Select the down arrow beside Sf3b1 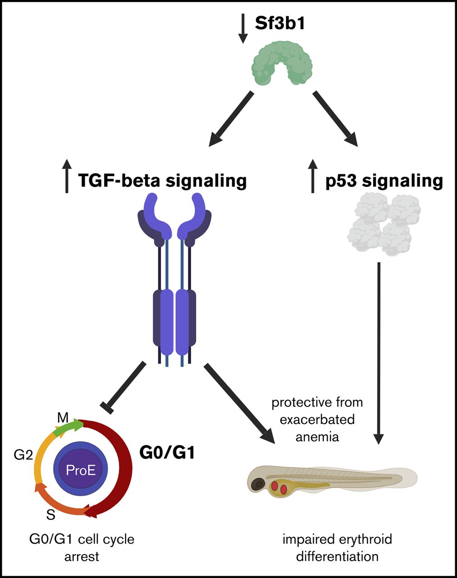click(243, 28)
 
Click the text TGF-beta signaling click(162, 181)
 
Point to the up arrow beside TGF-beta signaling click(67, 176)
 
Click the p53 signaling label click(384, 181)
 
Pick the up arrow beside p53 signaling click(313, 176)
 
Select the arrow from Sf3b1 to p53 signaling click(335, 119)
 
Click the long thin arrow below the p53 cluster click(379, 352)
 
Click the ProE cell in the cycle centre click(81, 470)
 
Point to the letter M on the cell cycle click(63, 418)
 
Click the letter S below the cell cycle click(51, 514)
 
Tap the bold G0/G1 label click(167, 452)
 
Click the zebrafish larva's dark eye click(258, 485)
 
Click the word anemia click(317, 437)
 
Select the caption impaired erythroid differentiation click(337, 547)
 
